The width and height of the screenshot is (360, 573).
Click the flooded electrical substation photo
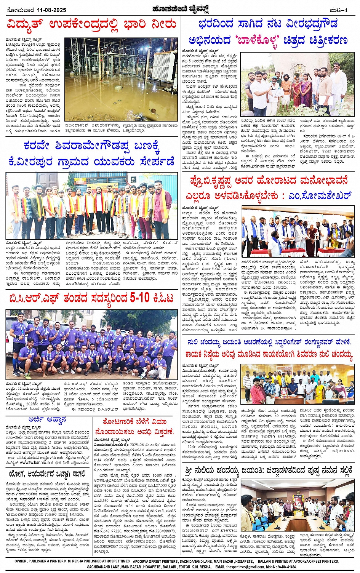point(120,79)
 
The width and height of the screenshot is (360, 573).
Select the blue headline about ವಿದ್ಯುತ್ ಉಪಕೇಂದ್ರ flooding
point(91,25)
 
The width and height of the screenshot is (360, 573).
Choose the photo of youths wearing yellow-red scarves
point(91,206)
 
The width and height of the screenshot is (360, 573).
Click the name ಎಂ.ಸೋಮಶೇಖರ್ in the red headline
point(319,195)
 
